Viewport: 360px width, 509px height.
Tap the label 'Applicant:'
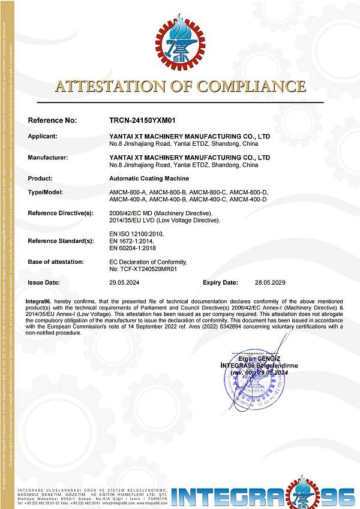[43, 136]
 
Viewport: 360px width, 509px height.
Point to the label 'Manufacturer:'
[48, 158]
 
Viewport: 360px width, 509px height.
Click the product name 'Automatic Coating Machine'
[149, 179]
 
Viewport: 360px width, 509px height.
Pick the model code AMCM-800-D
[249, 192]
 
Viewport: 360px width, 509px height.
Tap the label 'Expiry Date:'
[220, 282]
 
